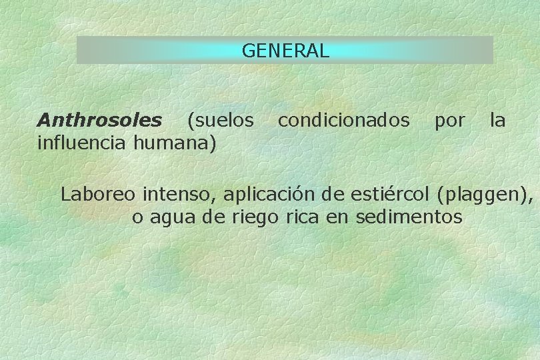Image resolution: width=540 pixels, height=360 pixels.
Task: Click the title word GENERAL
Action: tap(285, 51)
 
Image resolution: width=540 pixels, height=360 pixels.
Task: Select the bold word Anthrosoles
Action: tap(99, 120)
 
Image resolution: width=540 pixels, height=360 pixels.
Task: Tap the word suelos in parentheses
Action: tap(223, 120)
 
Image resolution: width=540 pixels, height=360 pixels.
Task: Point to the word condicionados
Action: tap(343, 120)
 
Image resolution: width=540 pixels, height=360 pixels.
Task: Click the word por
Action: tap(449, 120)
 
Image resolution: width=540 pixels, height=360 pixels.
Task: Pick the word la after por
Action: tap(497, 120)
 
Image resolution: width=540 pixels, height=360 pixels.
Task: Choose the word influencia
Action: tap(83, 142)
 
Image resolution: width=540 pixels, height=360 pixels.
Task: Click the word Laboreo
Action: tap(99, 195)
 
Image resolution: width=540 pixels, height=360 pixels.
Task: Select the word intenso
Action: tap(179, 195)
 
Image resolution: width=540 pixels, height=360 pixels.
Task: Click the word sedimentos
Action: tap(409, 217)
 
